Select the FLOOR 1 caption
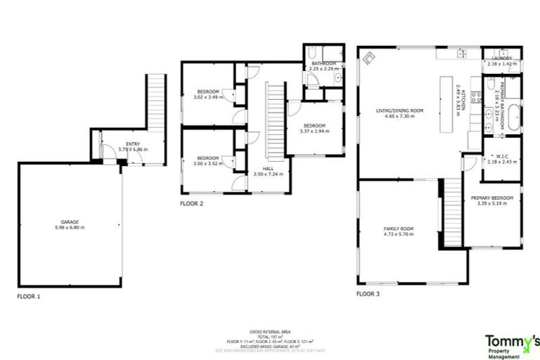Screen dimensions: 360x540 [x=29, y=297]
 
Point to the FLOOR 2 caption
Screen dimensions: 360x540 [x=191, y=204]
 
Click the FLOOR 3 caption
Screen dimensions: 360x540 [x=368, y=293]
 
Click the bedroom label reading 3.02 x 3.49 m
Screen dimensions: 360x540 [x=209, y=94]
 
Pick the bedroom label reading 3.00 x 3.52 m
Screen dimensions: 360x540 [x=209, y=160]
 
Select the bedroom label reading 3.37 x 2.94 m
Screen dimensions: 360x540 [x=314, y=128]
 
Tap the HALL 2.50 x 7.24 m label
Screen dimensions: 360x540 [x=268, y=172]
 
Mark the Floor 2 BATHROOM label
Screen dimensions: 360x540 [x=324, y=66]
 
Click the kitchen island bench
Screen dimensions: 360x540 [x=445, y=105]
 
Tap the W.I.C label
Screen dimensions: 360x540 [x=501, y=158]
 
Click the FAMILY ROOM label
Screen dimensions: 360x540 [x=399, y=232]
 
